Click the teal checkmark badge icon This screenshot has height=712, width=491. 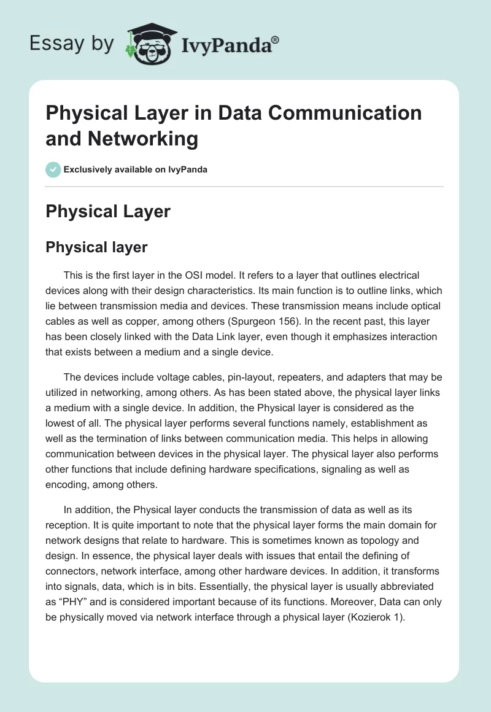53,169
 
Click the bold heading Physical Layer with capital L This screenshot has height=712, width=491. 108,212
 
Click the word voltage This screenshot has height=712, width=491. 179,376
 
